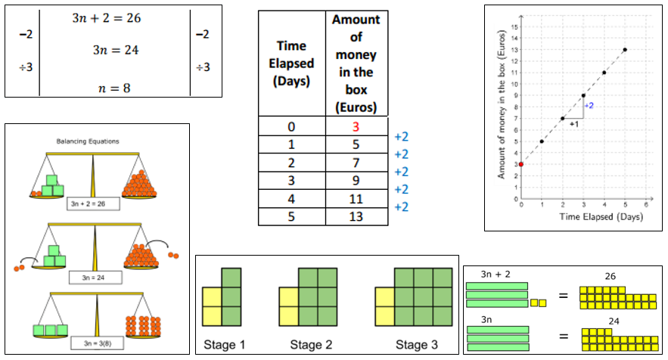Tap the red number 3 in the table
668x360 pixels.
click(x=356, y=126)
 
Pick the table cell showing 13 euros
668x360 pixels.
click(x=356, y=216)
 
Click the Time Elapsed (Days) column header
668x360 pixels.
click(x=291, y=64)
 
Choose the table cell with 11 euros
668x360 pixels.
click(x=356, y=198)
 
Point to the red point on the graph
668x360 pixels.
click(x=520, y=164)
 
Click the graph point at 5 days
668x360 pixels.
click(x=625, y=50)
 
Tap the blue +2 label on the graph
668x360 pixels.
click(x=589, y=105)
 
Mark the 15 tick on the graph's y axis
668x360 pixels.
click(x=514, y=26)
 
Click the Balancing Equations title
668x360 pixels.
click(x=87, y=141)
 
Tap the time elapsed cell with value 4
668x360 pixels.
click(x=291, y=198)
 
